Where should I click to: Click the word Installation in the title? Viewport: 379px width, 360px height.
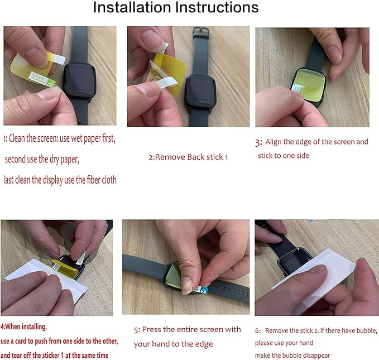pyautogui.click(x=132, y=7)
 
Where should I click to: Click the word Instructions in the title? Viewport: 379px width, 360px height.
pyautogui.click(x=217, y=7)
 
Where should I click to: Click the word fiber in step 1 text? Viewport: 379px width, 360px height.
pyautogui.click(x=94, y=180)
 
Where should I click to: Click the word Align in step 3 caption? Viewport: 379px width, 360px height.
pyautogui.click(x=274, y=142)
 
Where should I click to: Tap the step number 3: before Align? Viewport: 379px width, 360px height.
pyautogui.click(x=258, y=142)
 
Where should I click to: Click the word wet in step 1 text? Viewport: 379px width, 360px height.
pyautogui.click(x=76, y=138)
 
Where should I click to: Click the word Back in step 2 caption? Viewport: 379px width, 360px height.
pyautogui.click(x=196, y=157)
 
